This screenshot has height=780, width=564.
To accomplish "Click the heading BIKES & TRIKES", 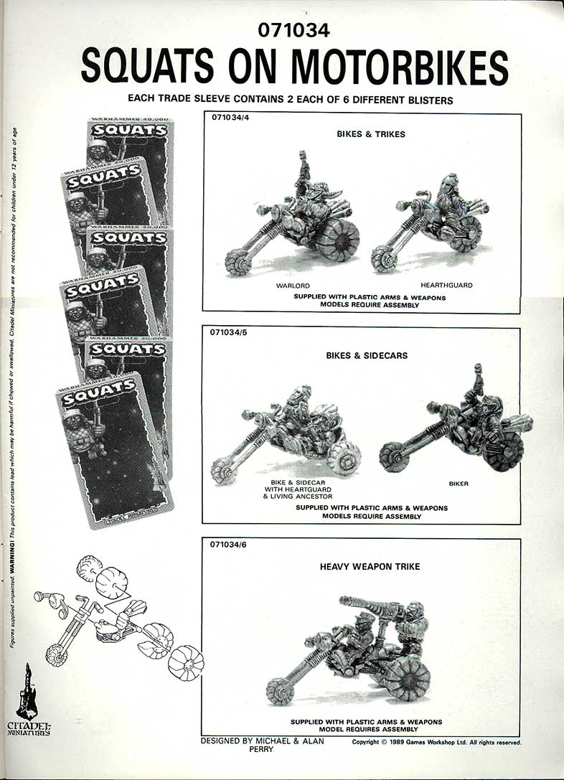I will point(370,135).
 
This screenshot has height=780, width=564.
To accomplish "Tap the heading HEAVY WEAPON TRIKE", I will point(370,567).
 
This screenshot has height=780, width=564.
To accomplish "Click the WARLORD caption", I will point(293,286).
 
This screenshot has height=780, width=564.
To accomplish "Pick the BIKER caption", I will point(459,484).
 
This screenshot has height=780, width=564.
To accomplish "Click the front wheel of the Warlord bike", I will point(239,262).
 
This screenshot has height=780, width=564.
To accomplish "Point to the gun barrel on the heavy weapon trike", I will point(359,603).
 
